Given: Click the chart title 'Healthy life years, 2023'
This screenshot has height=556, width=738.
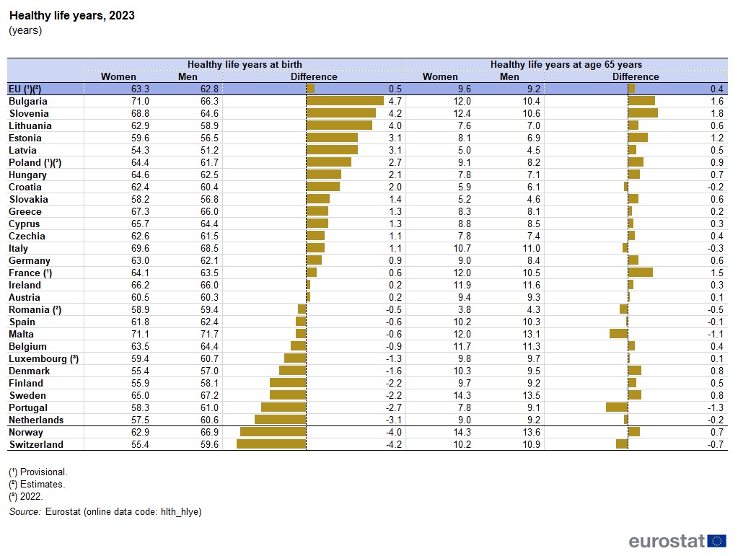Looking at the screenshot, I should pyautogui.click(x=71, y=15).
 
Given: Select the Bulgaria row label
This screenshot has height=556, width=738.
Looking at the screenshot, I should pyautogui.click(x=28, y=101).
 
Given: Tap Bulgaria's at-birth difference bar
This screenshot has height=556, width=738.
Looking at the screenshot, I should pyautogui.click(x=345, y=101).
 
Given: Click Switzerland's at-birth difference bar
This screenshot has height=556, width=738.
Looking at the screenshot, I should pyautogui.click(x=271, y=444).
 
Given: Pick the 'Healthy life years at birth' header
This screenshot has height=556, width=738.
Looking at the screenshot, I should pyautogui.click(x=245, y=64).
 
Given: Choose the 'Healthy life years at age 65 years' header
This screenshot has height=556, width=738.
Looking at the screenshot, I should pyautogui.click(x=566, y=64).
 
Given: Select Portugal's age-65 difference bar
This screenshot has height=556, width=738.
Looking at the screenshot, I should pyautogui.click(x=617, y=407).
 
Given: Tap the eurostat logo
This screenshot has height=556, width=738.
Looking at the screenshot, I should pyautogui.click(x=677, y=541).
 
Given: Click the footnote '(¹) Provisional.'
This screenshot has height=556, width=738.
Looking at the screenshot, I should pyautogui.click(x=38, y=472).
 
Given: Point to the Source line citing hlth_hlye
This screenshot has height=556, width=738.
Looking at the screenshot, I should pyautogui.click(x=105, y=511).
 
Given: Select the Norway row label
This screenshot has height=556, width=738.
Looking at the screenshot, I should pyautogui.click(x=26, y=432).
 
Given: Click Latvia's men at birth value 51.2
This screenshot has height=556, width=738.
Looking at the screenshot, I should pyautogui.click(x=209, y=150).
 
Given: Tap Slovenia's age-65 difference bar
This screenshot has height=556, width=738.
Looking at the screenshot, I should pyautogui.click(x=643, y=113).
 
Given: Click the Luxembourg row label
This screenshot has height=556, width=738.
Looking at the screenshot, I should pyautogui.click(x=43, y=358).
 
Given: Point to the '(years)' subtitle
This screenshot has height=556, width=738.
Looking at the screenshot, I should pyautogui.click(x=25, y=30).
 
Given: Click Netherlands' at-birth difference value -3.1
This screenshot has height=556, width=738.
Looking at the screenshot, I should pyautogui.click(x=392, y=420).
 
